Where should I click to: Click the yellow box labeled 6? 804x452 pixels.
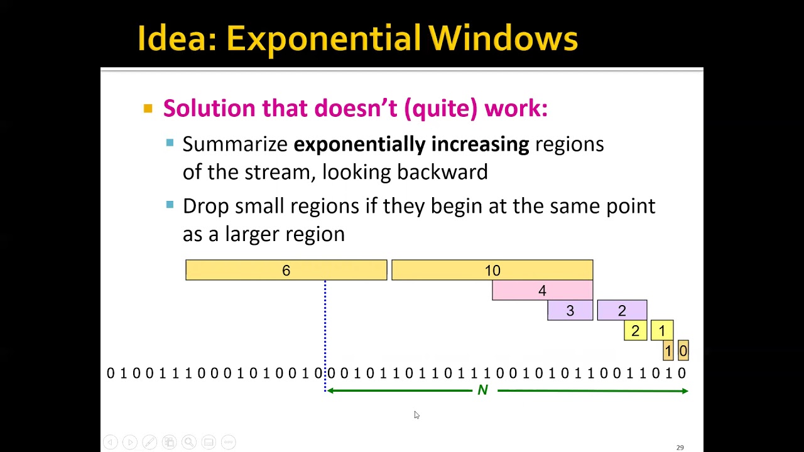click(x=286, y=270)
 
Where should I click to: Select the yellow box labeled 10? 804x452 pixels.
click(x=492, y=270)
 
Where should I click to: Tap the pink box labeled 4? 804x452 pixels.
click(x=542, y=291)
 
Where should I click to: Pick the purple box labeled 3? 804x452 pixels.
click(x=570, y=311)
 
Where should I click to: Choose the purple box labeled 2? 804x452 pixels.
click(x=622, y=311)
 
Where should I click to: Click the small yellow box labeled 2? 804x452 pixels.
click(x=635, y=331)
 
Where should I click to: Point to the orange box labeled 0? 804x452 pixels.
click(x=683, y=351)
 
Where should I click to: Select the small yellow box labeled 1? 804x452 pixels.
click(x=662, y=331)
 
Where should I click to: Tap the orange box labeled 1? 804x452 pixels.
click(x=668, y=351)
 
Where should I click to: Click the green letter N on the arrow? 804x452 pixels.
click(x=482, y=390)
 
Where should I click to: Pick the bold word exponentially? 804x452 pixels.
click(x=359, y=144)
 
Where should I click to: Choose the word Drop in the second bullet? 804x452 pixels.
click(x=205, y=207)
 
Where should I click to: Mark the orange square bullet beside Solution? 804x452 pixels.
click(x=148, y=109)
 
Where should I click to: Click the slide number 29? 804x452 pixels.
click(x=680, y=448)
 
